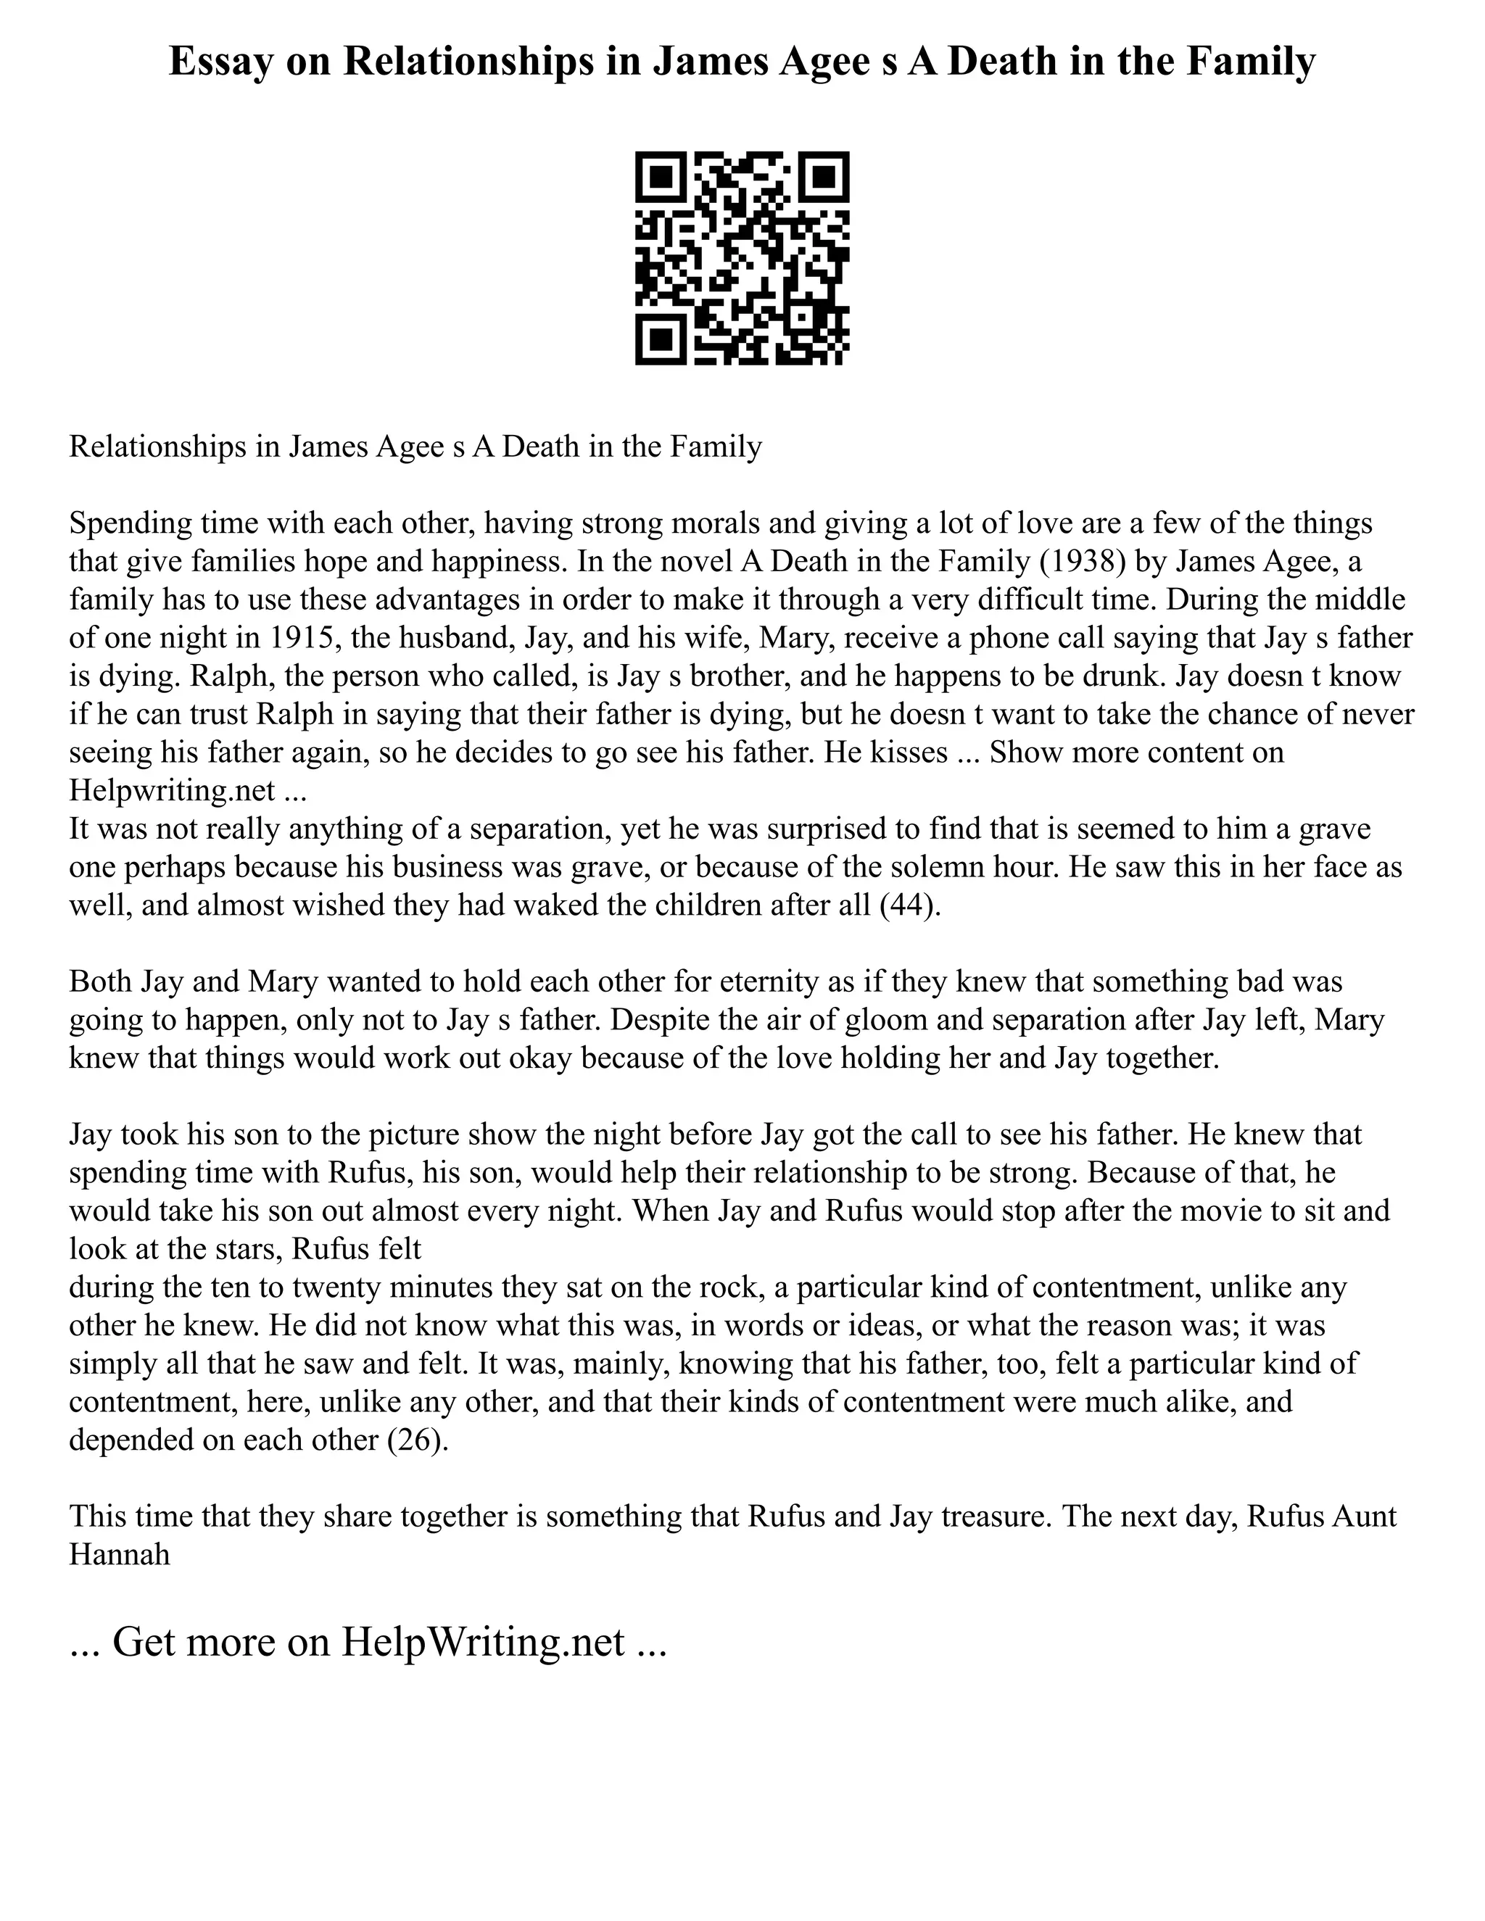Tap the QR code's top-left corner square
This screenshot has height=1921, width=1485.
pos(660,176)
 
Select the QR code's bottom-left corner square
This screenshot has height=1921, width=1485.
pos(660,341)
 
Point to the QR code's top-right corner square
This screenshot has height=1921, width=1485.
pos(824,176)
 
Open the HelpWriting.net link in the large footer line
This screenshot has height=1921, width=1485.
pos(483,1641)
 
